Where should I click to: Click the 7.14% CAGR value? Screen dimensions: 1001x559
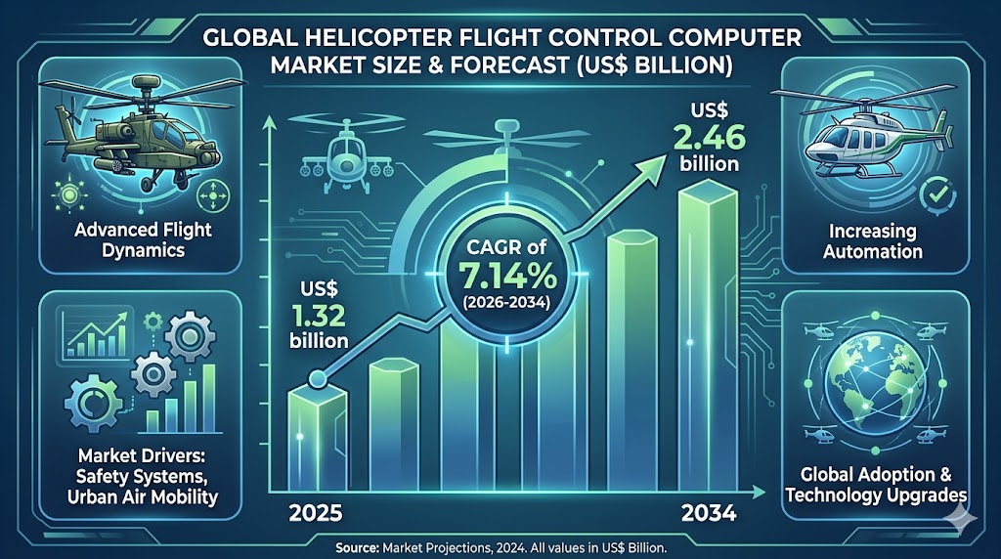[507, 277]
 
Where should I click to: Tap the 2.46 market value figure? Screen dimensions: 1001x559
[709, 137]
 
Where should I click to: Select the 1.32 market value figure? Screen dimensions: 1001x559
[320, 315]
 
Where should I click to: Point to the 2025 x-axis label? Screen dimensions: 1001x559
[316, 512]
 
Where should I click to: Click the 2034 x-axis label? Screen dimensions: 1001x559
[709, 512]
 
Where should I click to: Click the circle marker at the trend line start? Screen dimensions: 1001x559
[318, 380]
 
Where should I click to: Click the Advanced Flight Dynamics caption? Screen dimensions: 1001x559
[143, 239]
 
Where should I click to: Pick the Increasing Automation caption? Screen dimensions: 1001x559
[873, 240]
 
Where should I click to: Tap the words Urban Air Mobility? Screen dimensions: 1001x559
[143, 496]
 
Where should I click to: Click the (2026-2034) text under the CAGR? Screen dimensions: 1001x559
[507, 302]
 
